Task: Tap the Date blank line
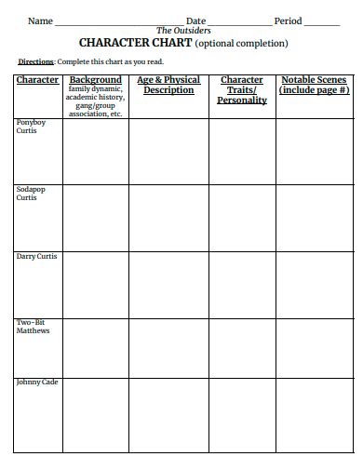(239, 22)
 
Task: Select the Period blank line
(321, 22)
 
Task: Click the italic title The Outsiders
(183, 31)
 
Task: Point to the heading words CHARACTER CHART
(135, 43)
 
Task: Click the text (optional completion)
(241, 43)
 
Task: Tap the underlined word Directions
(36, 61)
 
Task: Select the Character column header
(38, 81)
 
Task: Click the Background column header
(96, 81)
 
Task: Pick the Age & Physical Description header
(168, 86)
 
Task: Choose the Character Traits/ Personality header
(242, 90)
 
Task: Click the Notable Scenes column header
(314, 86)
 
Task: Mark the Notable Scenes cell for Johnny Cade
(314, 413)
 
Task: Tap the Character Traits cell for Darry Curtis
(242, 284)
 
